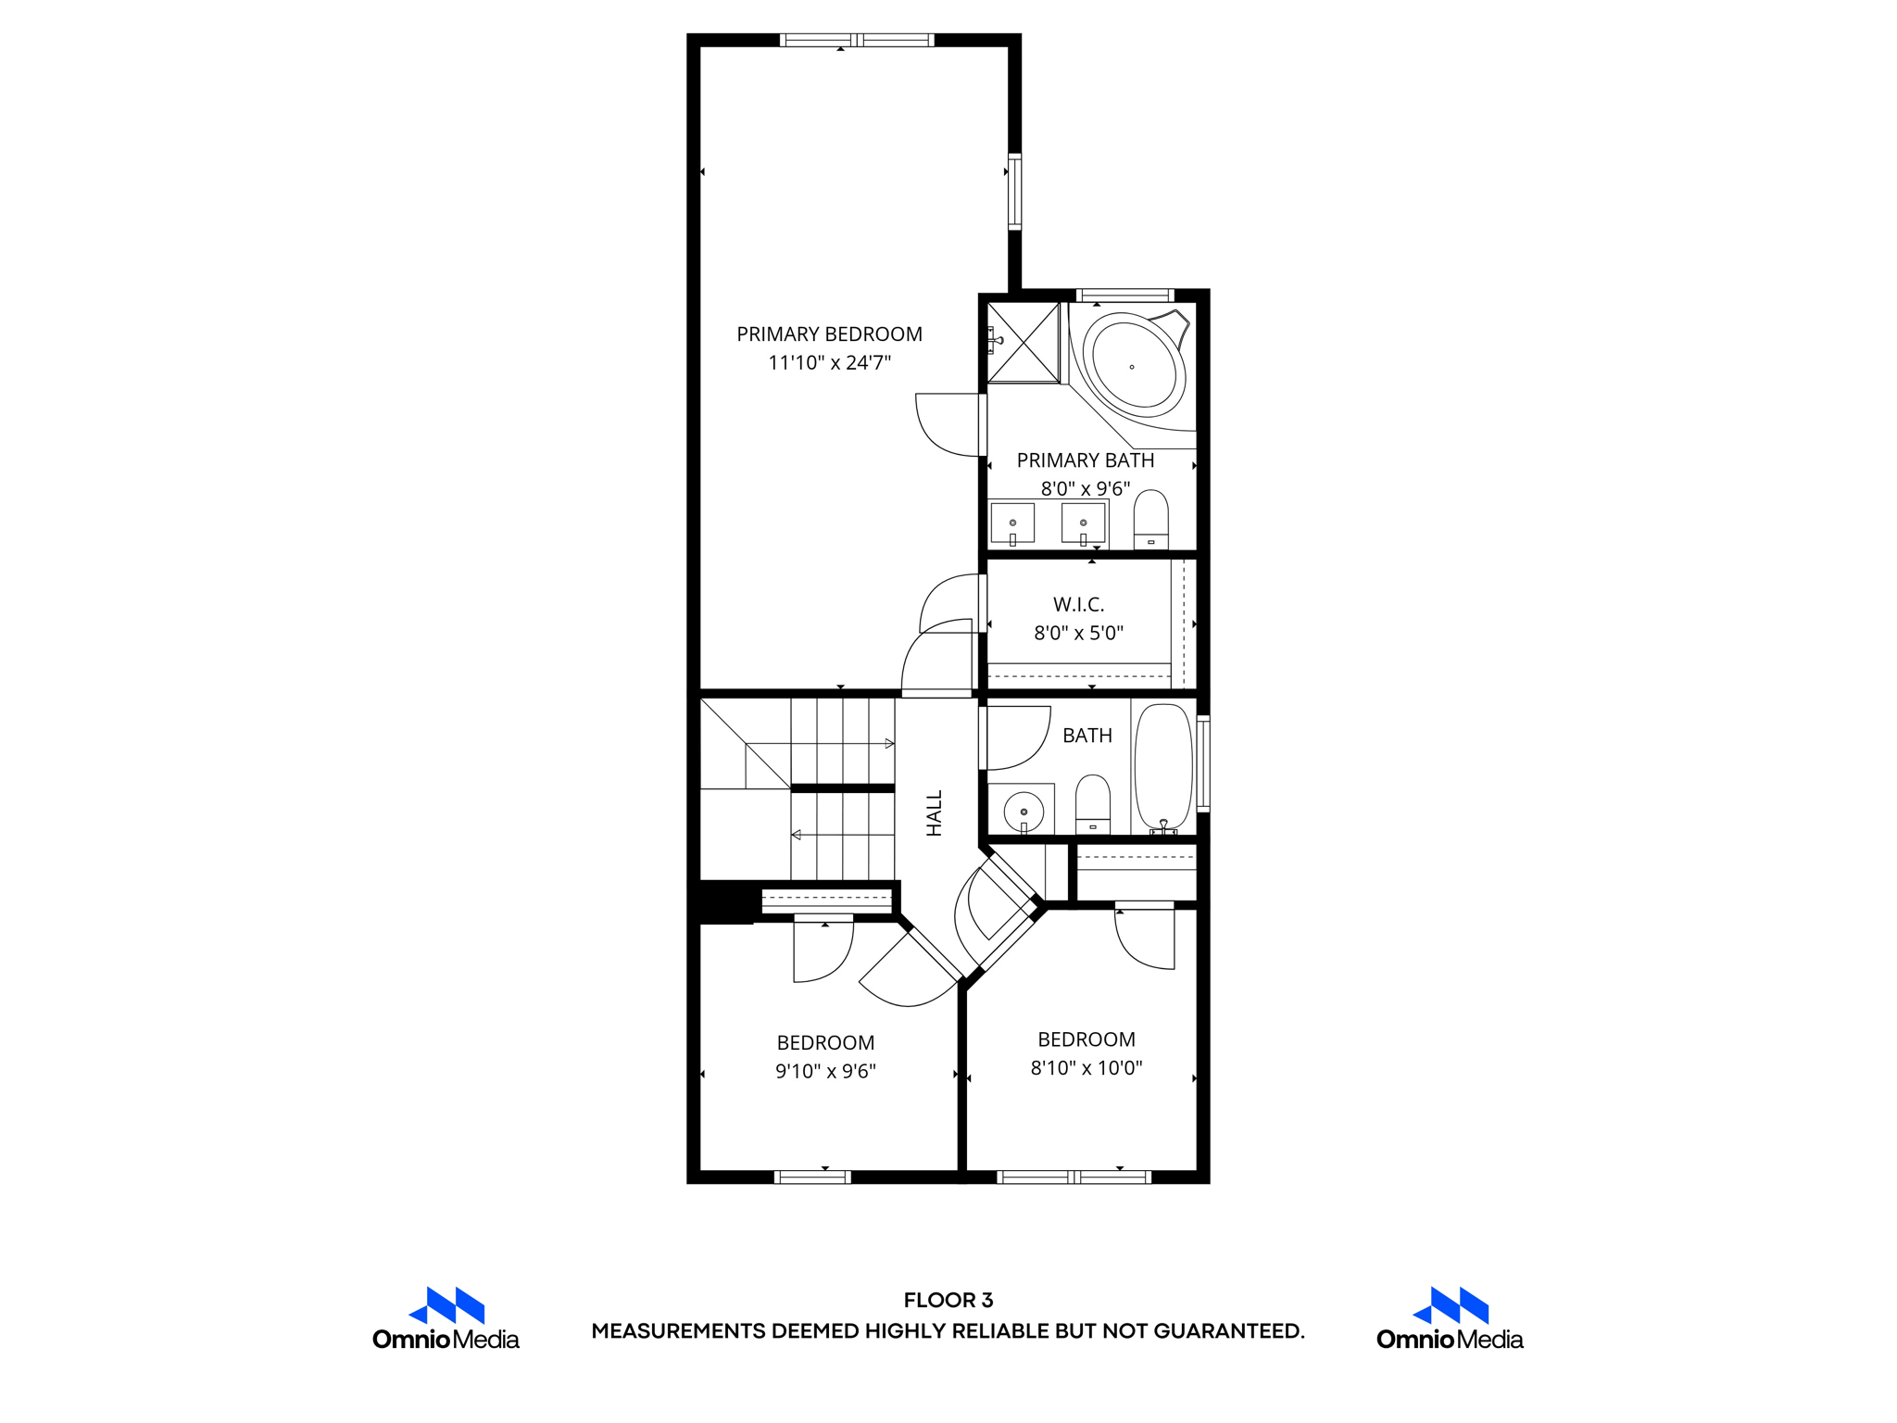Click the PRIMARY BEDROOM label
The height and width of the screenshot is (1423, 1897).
829,334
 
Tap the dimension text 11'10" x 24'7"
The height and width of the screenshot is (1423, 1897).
829,363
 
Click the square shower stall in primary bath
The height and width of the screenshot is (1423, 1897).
1024,342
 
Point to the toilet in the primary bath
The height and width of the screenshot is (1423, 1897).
1150,521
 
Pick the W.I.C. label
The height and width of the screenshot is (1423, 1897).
1078,605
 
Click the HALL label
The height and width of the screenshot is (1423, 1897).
935,812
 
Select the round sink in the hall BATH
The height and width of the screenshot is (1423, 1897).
1023,811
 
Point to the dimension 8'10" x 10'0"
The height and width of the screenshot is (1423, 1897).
1087,1068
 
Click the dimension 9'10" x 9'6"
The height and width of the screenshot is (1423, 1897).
825,1072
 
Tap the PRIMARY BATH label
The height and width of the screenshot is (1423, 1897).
1086,460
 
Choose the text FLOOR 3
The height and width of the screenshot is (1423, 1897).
948,1300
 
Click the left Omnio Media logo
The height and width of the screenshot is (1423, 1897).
446,1318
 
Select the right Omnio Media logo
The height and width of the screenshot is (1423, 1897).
1450,1318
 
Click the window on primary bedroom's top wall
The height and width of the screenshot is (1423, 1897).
857,40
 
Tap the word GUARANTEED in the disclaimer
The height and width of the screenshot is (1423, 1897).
1227,1331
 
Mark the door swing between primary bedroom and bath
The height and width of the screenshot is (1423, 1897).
947,425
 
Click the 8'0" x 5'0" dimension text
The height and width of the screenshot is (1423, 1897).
1078,634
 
